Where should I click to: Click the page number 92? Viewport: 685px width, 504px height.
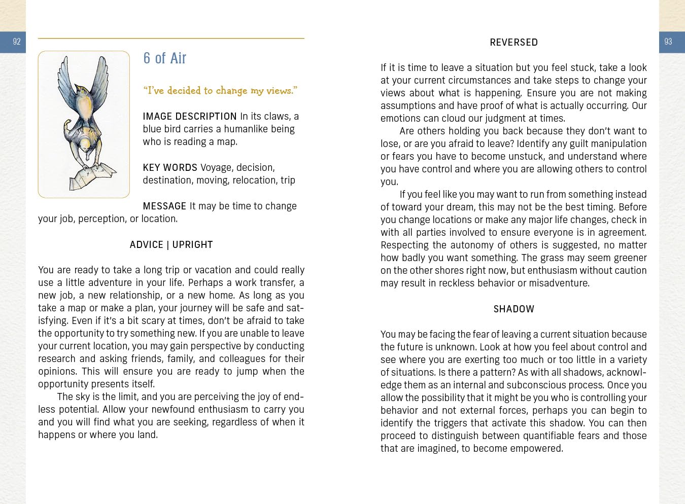pos(17,42)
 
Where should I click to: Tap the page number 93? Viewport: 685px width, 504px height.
pos(668,42)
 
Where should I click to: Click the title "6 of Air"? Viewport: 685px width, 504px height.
pos(164,58)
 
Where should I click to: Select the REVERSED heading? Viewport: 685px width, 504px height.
pos(513,43)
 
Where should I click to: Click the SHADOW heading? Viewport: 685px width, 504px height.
pos(513,309)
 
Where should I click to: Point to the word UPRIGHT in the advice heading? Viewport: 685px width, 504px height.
pos(192,245)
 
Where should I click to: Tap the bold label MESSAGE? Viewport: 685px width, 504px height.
pos(164,206)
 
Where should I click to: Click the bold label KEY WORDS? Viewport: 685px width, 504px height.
pos(170,168)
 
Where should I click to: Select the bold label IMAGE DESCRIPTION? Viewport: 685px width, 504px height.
pos(190,117)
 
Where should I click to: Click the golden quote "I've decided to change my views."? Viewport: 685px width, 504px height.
pos(220,91)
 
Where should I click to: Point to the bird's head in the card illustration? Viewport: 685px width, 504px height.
pos(81,92)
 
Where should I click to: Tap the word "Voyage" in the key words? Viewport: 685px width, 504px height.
pos(216,168)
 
